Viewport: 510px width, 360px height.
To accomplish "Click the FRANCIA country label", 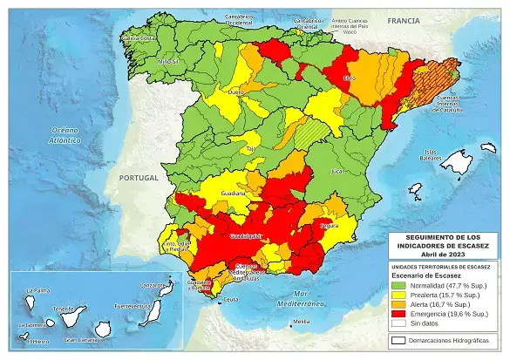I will [x=404, y=19].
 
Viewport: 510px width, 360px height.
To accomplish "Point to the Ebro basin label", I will [x=350, y=78].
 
